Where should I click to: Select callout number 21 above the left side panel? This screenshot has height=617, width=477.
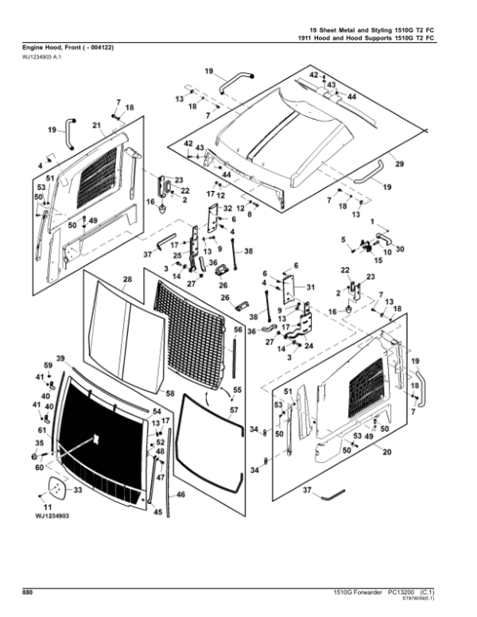[x=96, y=125]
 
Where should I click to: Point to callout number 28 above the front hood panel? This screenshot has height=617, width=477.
[x=127, y=279]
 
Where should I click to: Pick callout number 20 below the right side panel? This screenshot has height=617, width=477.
[x=386, y=452]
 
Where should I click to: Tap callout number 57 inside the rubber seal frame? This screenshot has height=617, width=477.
[x=234, y=411]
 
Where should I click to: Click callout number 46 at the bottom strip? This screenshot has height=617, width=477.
[x=180, y=495]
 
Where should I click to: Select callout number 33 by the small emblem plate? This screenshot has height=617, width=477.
[x=77, y=491]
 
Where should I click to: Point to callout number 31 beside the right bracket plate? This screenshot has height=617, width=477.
[x=311, y=287]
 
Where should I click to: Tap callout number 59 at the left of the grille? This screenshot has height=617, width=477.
[x=47, y=365]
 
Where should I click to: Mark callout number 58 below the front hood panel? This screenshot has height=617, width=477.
[x=169, y=393]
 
